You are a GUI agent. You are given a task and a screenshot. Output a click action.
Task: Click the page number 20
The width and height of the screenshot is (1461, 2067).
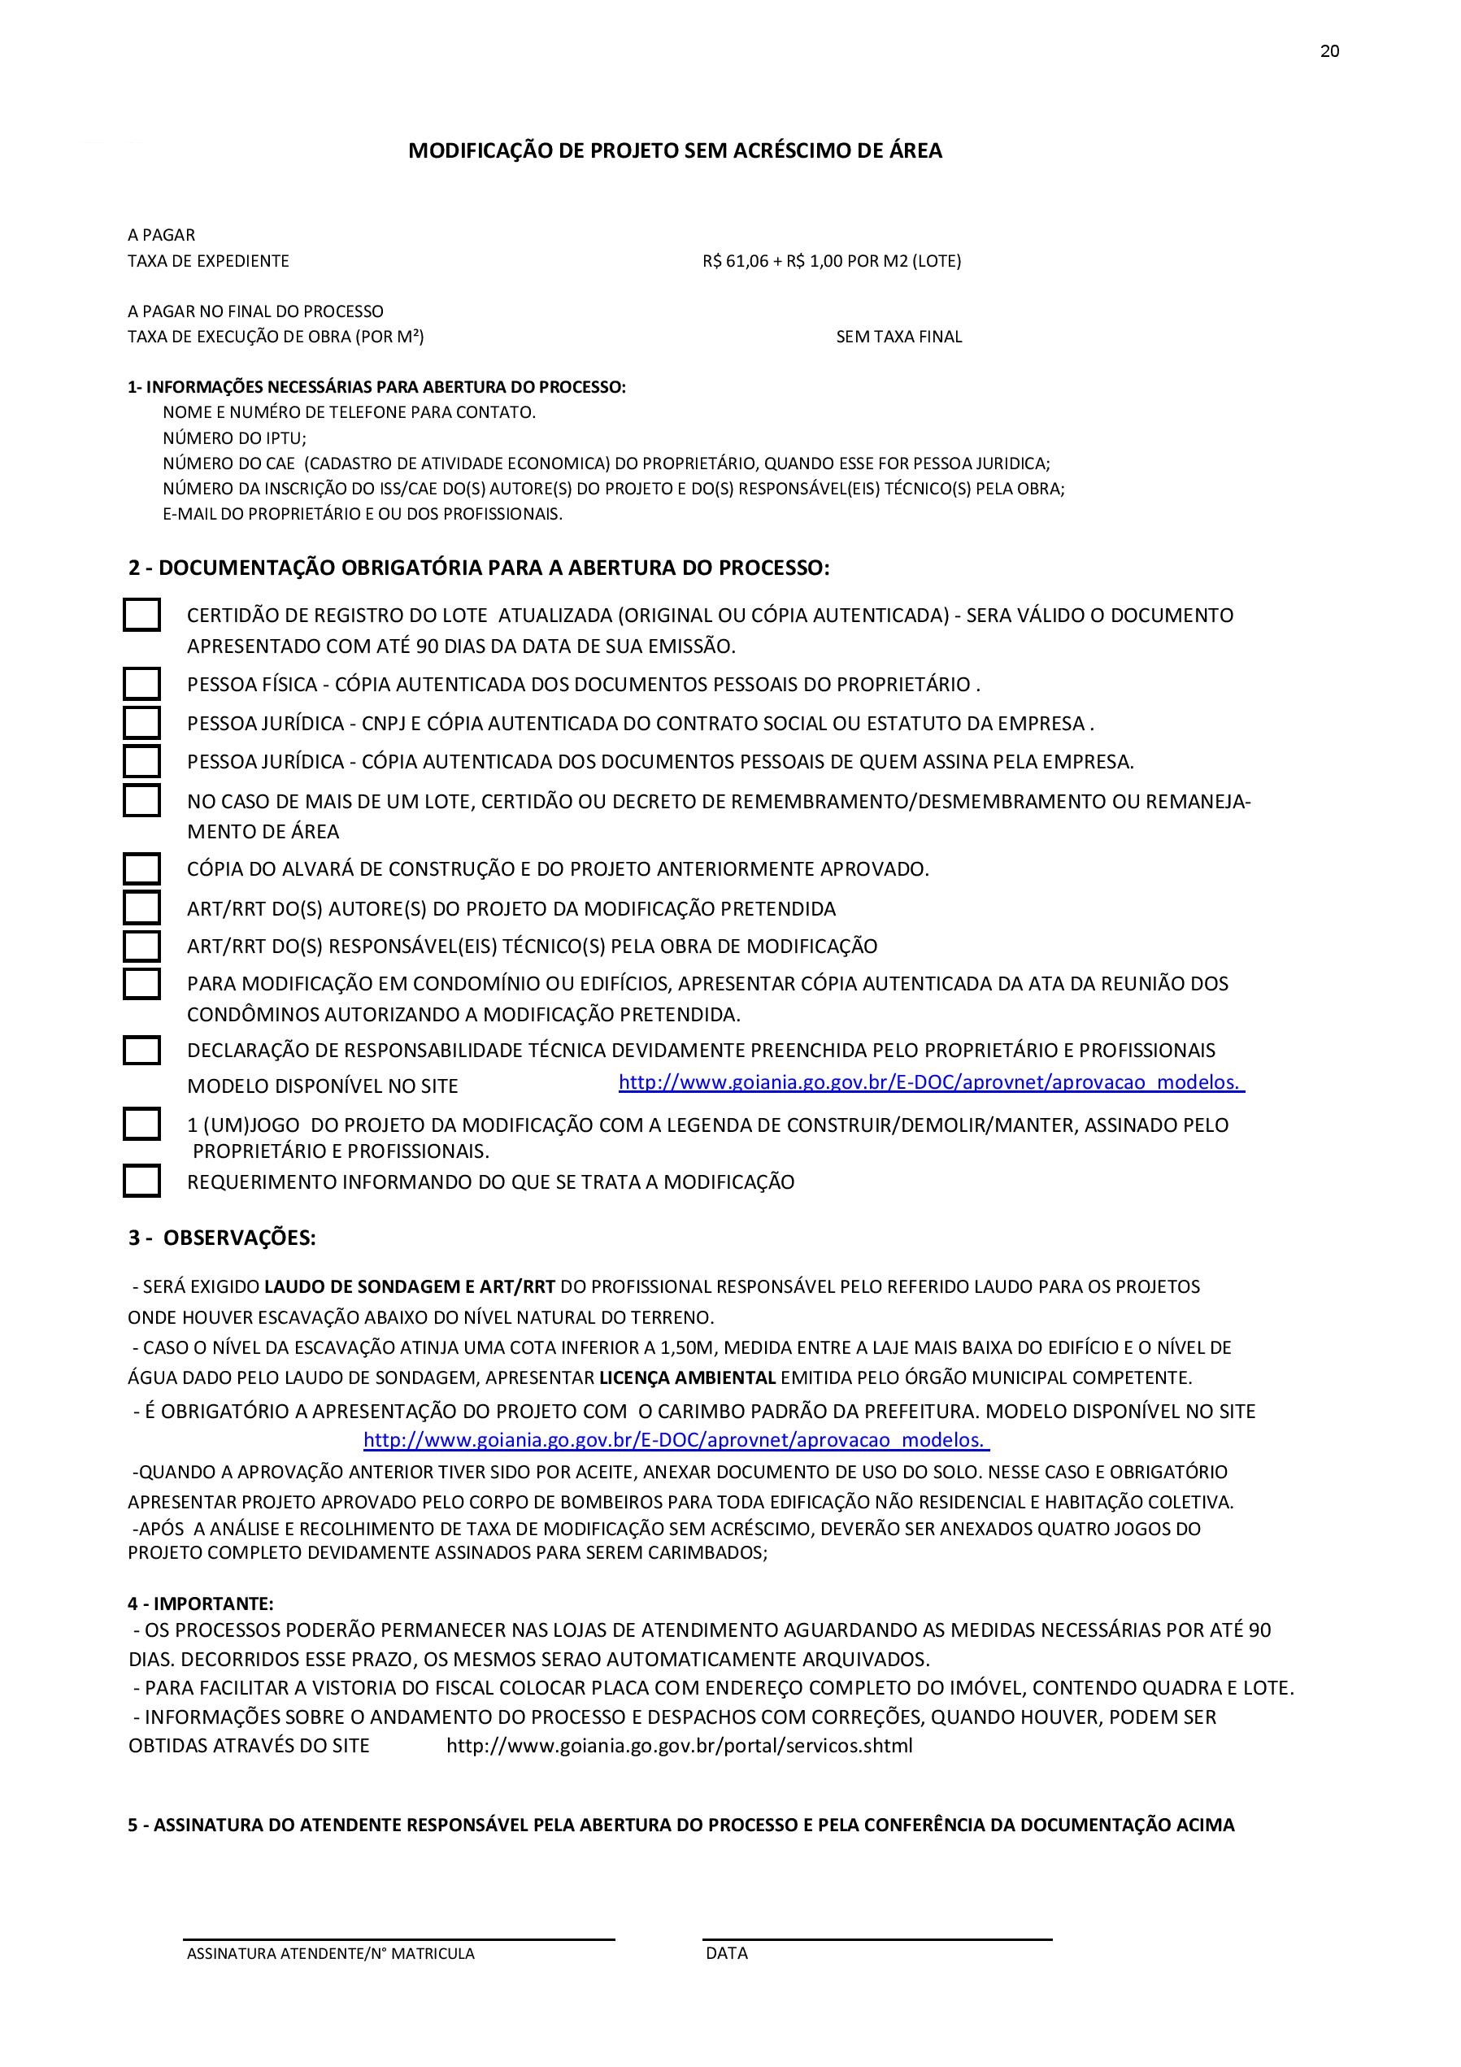click(1329, 51)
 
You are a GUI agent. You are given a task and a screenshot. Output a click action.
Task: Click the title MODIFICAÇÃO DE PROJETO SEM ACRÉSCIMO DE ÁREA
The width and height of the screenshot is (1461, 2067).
click(675, 151)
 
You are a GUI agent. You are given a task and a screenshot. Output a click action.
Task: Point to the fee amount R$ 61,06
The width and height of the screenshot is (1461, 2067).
click(736, 261)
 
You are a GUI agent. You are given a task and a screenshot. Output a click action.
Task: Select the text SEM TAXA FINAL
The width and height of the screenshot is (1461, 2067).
click(898, 337)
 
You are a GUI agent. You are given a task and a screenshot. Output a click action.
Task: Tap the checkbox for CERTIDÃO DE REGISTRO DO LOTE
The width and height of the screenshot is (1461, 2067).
click(141, 615)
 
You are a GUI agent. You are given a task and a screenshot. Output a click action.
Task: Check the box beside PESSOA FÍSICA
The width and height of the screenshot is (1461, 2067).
click(141, 684)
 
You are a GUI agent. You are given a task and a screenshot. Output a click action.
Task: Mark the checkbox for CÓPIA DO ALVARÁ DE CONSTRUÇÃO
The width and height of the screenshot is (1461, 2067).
click(141, 868)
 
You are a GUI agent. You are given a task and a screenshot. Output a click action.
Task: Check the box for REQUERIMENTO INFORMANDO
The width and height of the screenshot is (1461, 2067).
click(141, 1181)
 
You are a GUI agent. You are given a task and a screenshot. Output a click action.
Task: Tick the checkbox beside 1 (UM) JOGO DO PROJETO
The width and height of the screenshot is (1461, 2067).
click(141, 1125)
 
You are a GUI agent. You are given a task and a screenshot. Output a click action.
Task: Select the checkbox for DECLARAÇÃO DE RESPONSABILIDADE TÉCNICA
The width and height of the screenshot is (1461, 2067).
click(141, 1051)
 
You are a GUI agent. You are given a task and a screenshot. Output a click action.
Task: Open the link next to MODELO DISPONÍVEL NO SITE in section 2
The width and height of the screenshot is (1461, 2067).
click(931, 1082)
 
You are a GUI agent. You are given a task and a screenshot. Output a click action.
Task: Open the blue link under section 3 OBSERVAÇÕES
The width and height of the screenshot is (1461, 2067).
click(676, 1439)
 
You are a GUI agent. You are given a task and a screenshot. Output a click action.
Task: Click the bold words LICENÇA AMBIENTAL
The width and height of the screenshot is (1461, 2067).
click(687, 1377)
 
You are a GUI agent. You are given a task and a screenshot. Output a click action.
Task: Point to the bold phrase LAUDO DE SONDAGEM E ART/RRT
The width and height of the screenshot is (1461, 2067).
click(410, 1286)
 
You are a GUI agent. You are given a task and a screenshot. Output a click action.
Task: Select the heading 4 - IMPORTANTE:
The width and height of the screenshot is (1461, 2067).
click(201, 1604)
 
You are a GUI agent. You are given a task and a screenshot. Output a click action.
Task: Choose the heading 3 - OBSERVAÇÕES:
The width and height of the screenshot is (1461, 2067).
click(221, 1238)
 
